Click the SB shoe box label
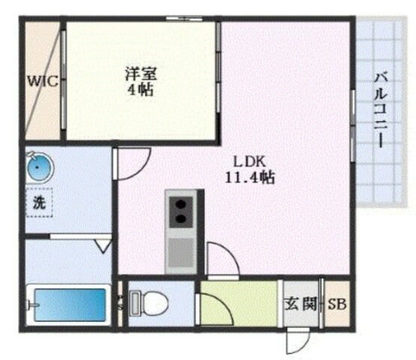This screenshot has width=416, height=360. click(x=337, y=305)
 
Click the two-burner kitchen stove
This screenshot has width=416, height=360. click(x=181, y=211)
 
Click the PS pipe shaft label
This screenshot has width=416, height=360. click(x=120, y=304)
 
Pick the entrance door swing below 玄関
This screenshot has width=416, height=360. click(x=295, y=342)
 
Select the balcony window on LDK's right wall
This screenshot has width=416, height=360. click(x=352, y=124)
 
